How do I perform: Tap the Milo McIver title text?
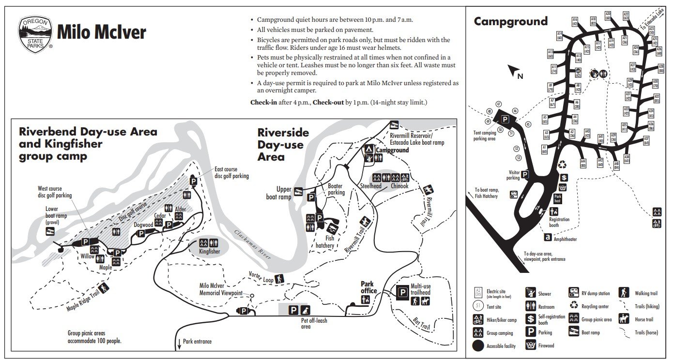(x=101, y=32)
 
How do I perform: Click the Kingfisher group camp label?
(x=210, y=252)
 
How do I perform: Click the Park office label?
(x=368, y=287)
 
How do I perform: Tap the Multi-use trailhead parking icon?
(x=402, y=292)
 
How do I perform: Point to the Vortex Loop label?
(x=261, y=277)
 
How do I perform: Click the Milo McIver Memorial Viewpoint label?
(x=221, y=289)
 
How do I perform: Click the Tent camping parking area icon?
(x=505, y=120)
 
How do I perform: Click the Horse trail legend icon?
(x=624, y=319)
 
